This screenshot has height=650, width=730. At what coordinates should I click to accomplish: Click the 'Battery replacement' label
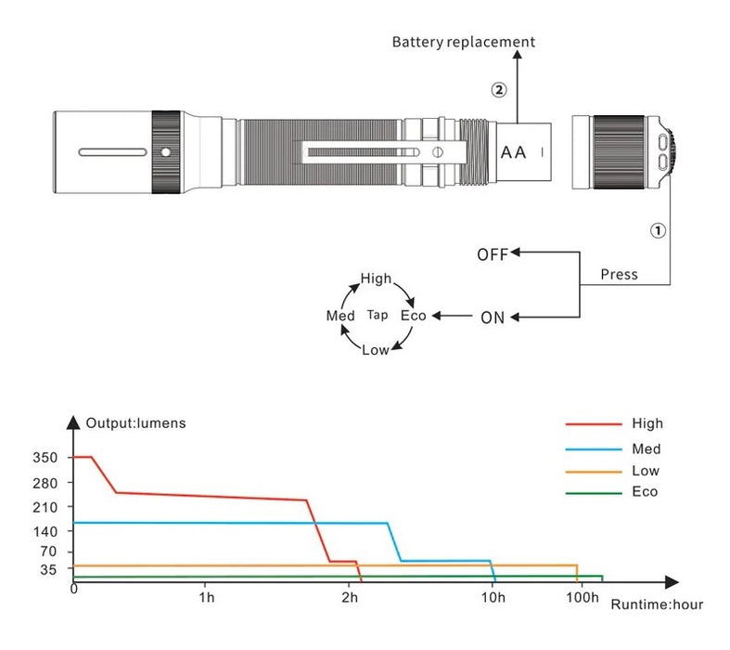(x=463, y=42)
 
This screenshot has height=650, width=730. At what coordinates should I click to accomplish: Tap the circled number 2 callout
(x=499, y=90)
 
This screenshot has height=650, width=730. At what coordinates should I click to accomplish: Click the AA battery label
(x=515, y=151)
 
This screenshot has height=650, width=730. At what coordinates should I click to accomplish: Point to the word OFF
(x=493, y=255)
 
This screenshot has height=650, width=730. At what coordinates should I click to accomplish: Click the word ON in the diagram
(x=493, y=318)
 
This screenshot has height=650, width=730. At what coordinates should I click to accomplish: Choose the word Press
(x=619, y=275)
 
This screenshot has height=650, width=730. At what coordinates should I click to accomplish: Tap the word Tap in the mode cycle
(x=378, y=316)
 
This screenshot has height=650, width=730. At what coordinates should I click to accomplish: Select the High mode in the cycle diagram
(x=377, y=279)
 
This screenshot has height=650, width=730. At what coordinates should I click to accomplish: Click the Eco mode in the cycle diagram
(x=413, y=316)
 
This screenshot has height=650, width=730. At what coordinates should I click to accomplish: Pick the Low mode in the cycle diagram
(x=375, y=350)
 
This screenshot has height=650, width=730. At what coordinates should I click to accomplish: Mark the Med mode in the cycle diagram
(x=340, y=316)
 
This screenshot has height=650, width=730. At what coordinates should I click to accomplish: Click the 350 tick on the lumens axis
(x=45, y=458)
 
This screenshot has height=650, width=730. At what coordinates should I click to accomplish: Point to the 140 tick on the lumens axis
(x=45, y=531)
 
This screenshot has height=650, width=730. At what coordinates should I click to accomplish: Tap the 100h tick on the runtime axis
(x=582, y=597)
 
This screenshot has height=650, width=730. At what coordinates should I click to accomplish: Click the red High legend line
(x=594, y=424)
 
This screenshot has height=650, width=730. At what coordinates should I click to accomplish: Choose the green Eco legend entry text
(x=644, y=491)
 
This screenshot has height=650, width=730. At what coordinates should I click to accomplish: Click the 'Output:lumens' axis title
(x=135, y=423)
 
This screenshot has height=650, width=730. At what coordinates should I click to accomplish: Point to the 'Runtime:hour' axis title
(x=657, y=604)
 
